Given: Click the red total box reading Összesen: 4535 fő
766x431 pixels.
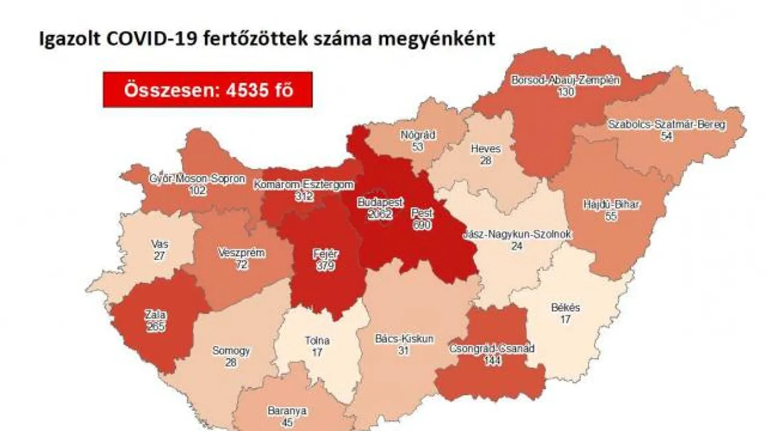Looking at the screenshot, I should (208, 90).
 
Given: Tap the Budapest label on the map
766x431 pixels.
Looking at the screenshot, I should (380, 202).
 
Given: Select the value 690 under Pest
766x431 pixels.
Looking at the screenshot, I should (421, 225).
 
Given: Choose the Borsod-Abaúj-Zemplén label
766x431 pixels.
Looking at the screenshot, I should (565, 80).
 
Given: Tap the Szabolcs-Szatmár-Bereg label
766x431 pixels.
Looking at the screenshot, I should (666, 124).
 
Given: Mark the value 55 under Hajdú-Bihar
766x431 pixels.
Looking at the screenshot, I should (611, 217).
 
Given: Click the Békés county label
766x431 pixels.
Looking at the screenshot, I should (565, 308).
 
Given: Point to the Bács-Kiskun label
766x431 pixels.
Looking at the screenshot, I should (404, 339).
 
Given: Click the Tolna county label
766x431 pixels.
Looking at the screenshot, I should (317, 341).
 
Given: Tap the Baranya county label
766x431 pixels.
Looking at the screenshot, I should (287, 411).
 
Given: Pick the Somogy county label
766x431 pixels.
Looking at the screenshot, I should (231, 351).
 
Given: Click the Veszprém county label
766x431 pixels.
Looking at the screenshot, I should (241, 253).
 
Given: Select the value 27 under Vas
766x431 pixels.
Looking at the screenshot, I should (159, 256).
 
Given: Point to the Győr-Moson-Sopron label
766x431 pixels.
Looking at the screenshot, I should (197, 179).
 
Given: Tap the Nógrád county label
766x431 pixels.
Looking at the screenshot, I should (418, 135).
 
